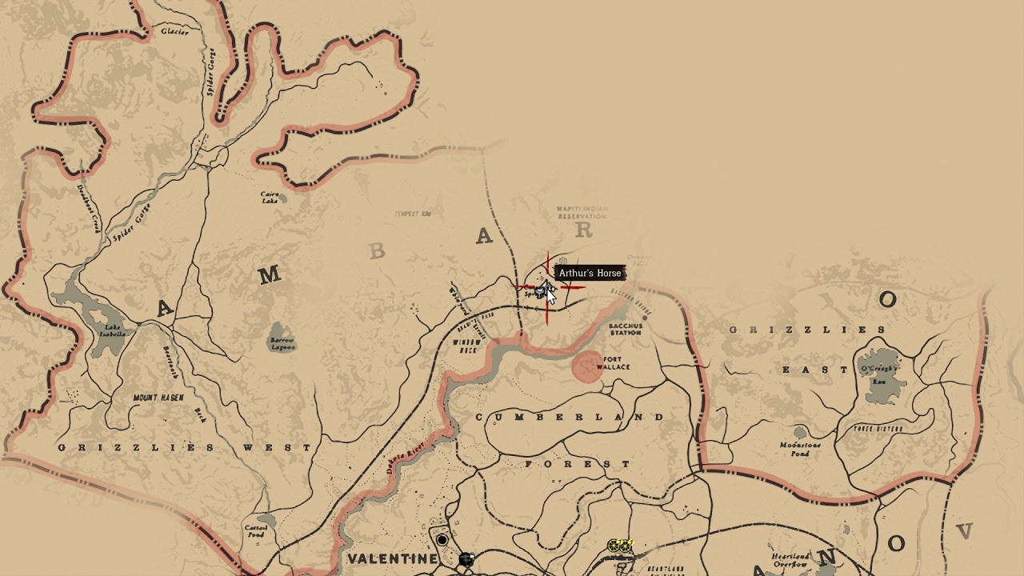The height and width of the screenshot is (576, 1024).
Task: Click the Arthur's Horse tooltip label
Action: tap(590, 274)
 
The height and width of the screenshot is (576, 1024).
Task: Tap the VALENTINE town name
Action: tap(392, 558)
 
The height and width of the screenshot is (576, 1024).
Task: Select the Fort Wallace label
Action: tap(614, 363)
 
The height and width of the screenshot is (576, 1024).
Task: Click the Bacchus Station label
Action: tap(626, 330)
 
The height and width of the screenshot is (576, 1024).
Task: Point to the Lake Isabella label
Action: tap(114, 330)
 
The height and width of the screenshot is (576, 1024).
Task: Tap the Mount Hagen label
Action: tap(158, 398)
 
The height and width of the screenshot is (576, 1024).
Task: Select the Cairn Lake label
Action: tap(270, 197)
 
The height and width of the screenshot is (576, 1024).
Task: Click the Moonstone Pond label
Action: tap(801, 450)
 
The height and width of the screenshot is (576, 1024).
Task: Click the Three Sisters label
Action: tap(878, 429)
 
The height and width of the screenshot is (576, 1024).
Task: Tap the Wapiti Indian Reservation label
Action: tap(582, 213)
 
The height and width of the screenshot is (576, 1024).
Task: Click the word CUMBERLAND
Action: tap(570, 418)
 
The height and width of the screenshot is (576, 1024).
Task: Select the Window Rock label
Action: tap(466, 346)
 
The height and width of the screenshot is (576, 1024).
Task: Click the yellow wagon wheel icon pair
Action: tap(620, 546)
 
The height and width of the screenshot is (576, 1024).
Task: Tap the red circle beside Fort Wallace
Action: tap(587, 366)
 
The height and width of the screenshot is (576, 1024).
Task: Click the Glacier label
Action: tap(175, 32)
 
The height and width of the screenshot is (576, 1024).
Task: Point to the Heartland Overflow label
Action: tap(790, 560)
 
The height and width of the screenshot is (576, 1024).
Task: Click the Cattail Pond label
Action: tap(255, 530)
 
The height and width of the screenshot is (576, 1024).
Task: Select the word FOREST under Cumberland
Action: tap(578, 464)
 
